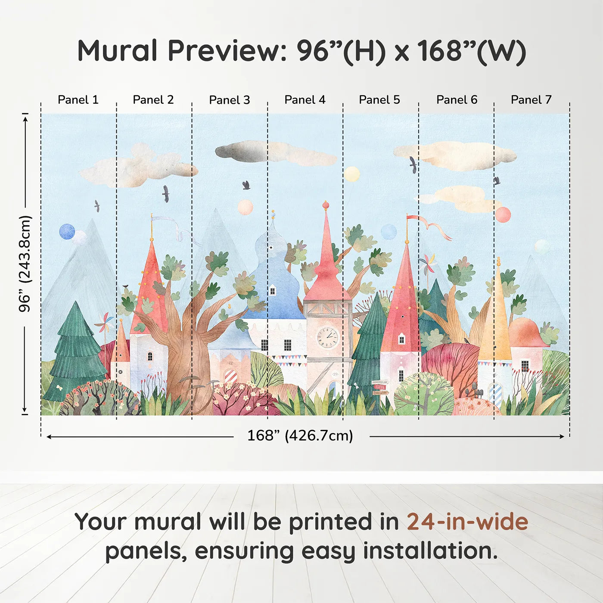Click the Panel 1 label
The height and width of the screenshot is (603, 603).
click(x=78, y=100)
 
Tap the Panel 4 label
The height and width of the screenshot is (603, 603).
click(x=305, y=100)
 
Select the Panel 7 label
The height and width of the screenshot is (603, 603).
click(x=531, y=100)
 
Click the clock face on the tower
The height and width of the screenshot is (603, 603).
click(x=327, y=337)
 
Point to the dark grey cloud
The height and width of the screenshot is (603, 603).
click(x=241, y=151)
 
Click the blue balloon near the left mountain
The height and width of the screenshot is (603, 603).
click(x=67, y=232)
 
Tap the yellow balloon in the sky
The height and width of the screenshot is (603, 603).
click(x=351, y=174)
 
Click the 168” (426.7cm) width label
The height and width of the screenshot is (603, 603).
click(x=300, y=435)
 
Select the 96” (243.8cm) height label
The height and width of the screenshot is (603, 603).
click(x=25, y=264)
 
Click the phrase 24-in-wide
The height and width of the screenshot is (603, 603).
click(x=467, y=522)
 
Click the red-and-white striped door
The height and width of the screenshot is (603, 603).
click(x=230, y=376)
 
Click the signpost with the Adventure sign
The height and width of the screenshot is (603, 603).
click(x=379, y=387)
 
